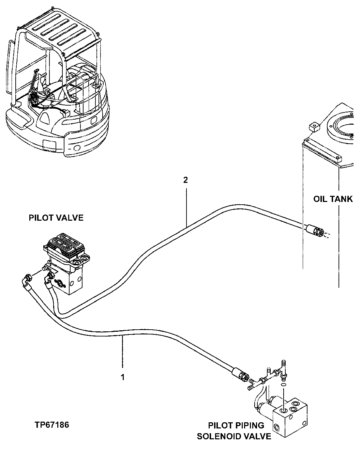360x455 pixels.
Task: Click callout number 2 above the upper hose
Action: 185,180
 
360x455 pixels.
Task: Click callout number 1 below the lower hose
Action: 122,377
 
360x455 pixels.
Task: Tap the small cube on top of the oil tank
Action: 314,127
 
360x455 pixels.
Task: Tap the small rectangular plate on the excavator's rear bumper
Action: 49,145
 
